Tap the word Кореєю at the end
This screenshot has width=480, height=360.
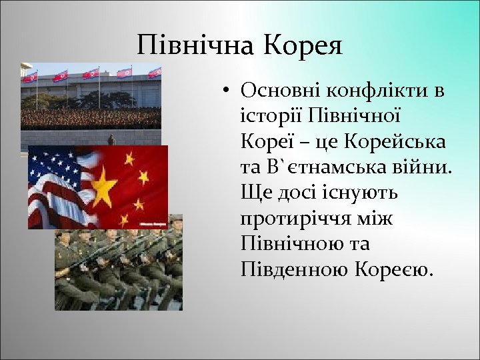pyautogui.click(x=394, y=270)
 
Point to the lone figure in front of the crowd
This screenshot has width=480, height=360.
pyautogui.click(x=111, y=140)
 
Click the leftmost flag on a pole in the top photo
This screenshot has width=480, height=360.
pyautogui.click(x=31, y=77)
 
